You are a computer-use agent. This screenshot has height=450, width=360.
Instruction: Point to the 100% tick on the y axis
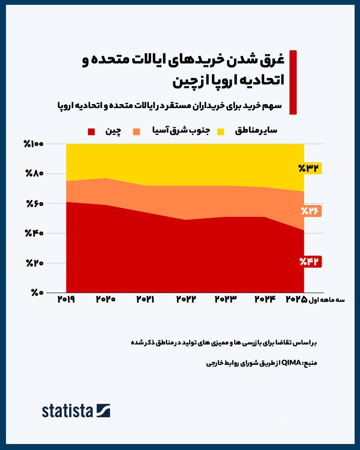(x=33, y=144)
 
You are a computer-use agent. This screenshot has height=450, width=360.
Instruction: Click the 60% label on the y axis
(x=34, y=204)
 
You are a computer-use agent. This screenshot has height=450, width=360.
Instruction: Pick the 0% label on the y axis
(x=37, y=293)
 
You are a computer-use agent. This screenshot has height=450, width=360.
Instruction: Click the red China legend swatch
(x=91, y=132)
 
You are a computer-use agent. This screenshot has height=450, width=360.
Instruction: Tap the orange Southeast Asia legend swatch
(x=136, y=132)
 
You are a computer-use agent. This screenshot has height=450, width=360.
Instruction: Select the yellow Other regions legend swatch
(x=220, y=132)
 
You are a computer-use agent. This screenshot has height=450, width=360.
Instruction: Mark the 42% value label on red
(x=310, y=262)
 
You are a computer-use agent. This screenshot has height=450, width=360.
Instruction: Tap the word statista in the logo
(x=67, y=411)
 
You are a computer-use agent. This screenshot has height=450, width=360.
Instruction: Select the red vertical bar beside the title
(x=293, y=82)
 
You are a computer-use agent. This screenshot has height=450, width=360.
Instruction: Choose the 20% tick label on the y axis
(x=34, y=263)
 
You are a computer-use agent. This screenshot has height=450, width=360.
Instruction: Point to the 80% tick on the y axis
(x=34, y=174)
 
